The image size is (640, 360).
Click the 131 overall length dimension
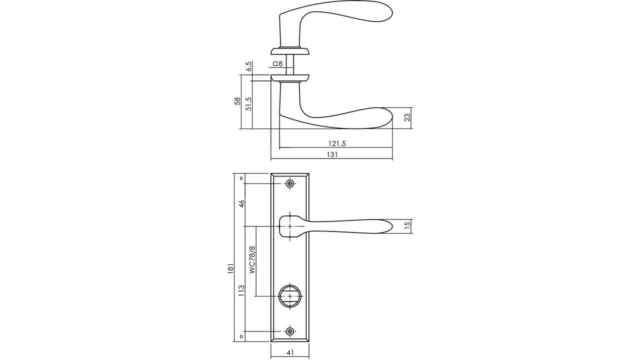332,154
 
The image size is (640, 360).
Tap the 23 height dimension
407,117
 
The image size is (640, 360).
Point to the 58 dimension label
237,101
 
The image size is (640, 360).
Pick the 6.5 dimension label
248,66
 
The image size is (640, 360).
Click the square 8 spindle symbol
278,63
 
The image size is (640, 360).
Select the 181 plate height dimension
230,269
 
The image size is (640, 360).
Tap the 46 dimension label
241,204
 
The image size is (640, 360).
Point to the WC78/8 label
252,259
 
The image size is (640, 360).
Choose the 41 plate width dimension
290,352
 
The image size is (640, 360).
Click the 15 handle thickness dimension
407,226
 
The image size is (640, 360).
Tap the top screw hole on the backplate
290,184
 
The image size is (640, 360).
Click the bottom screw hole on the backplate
290,331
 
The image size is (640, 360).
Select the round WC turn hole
290,295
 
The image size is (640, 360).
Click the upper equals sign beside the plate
241,178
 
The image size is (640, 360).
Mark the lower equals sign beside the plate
241,336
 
